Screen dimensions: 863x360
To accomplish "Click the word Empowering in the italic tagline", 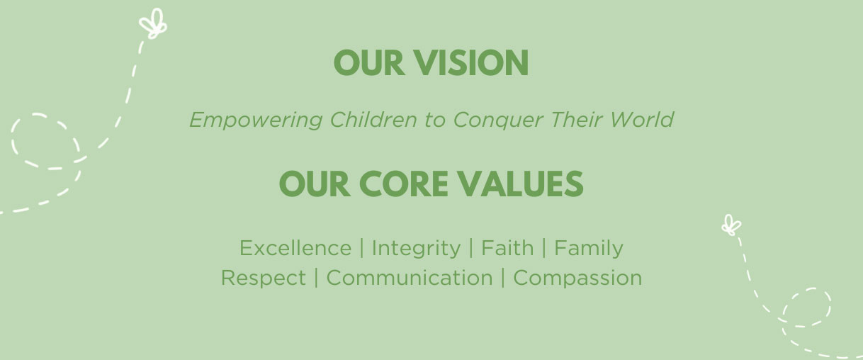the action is (256, 120).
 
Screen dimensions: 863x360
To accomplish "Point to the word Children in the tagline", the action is (373, 120).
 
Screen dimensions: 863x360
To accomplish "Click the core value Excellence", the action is (295, 248).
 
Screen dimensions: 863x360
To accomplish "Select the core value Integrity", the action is (416, 249).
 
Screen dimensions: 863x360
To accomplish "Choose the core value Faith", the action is (507, 247).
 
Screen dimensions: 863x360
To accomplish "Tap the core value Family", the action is (589, 249).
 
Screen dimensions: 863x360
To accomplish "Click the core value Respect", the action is (264, 279).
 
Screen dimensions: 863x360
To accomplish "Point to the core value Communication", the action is (410, 278).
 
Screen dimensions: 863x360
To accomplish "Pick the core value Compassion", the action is (577, 279).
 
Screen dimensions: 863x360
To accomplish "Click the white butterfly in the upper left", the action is (153, 24).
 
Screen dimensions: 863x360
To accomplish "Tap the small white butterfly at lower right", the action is (731, 225).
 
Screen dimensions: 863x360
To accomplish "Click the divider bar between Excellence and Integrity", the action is (362, 248).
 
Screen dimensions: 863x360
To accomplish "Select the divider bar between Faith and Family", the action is (544, 248).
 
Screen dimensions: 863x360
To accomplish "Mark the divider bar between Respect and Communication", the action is (316, 278).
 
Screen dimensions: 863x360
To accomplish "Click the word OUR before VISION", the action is (369, 62).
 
